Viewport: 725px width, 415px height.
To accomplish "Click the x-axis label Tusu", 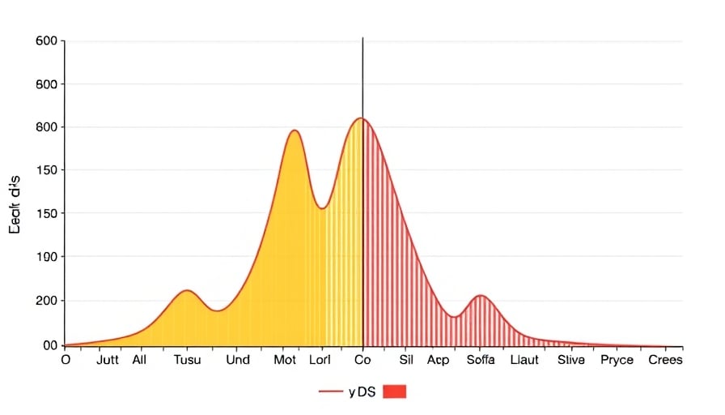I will pyautogui.click(x=187, y=360).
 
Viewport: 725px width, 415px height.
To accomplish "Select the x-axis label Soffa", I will pyautogui.click(x=481, y=360).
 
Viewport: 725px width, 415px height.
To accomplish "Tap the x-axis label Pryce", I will pyautogui.click(x=617, y=360).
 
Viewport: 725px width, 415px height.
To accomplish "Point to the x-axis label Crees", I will pyautogui.click(x=666, y=360).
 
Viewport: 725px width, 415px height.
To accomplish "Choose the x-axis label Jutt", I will pyautogui.click(x=108, y=360).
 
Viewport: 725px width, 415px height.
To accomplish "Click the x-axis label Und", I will pyautogui.click(x=238, y=360).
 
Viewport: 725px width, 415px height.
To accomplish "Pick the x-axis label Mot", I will pyautogui.click(x=286, y=360).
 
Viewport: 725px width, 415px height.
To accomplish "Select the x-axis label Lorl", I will pyautogui.click(x=320, y=360).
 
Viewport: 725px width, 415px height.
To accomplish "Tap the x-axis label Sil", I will pyautogui.click(x=406, y=360).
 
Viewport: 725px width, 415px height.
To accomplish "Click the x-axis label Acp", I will pyautogui.click(x=439, y=360).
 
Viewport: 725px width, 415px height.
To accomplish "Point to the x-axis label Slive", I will pyautogui.click(x=571, y=360).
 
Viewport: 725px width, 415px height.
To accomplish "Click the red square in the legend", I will pyautogui.click(x=394, y=391).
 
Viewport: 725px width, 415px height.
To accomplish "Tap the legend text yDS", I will pyautogui.click(x=361, y=391).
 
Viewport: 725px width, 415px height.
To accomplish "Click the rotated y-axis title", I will pyautogui.click(x=15, y=206).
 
